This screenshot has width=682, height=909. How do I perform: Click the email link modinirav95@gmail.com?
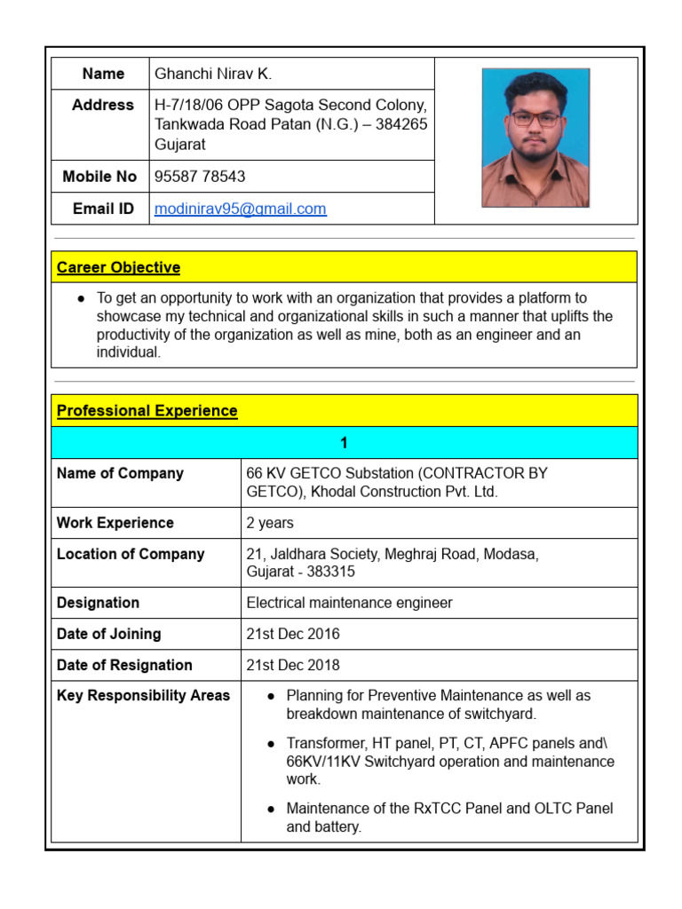pyautogui.click(x=240, y=209)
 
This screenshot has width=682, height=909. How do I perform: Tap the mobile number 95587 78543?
pyautogui.click(x=200, y=177)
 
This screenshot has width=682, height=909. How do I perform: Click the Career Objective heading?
pyautogui.click(x=118, y=267)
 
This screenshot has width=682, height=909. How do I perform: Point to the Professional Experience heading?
pyautogui.click(x=147, y=411)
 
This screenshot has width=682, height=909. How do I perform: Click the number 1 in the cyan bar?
pyautogui.click(x=344, y=443)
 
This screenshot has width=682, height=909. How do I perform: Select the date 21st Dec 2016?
pyautogui.click(x=293, y=634)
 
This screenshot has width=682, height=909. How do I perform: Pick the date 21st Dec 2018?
pyautogui.click(x=293, y=665)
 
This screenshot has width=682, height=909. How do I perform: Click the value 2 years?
pyautogui.click(x=270, y=523)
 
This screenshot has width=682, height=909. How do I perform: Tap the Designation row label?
pyautogui.click(x=98, y=603)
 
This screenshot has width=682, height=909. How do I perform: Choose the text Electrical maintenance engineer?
pyautogui.click(x=349, y=603)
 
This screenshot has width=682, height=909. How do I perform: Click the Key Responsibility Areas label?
pyautogui.click(x=143, y=695)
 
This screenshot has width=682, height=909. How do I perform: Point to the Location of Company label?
pyautogui.click(x=131, y=554)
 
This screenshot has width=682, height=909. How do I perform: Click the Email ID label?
pyautogui.click(x=103, y=209)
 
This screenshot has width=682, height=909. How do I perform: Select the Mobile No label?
pyautogui.click(x=99, y=177)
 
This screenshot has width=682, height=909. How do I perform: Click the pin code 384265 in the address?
pyautogui.click(x=401, y=124)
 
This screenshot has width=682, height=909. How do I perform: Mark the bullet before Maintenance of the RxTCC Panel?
pyautogui.click(x=271, y=810)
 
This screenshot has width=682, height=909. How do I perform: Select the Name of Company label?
pyautogui.click(x=120, y=473)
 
